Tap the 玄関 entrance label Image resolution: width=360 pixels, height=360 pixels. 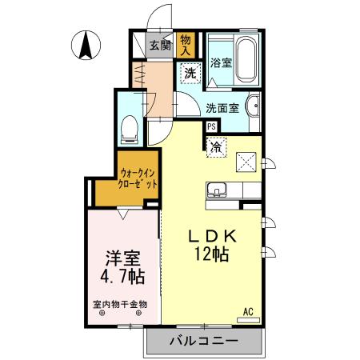(160, 46)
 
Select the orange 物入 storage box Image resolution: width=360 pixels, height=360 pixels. (186, 43)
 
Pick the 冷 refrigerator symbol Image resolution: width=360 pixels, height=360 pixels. (216, 146)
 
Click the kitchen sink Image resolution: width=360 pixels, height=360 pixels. (218, 192)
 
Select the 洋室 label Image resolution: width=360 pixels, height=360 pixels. (123, 260)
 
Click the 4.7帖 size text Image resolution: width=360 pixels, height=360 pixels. (122, 278)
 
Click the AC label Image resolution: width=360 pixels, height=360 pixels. (249, 312)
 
